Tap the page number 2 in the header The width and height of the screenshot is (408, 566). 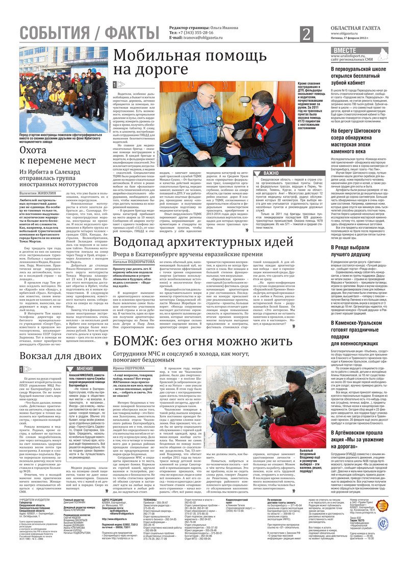pos(306,34)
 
